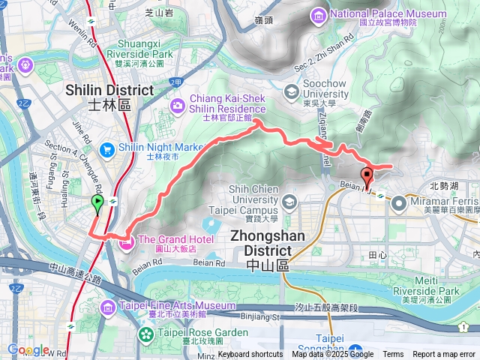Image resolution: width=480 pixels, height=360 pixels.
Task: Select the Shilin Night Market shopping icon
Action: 108,148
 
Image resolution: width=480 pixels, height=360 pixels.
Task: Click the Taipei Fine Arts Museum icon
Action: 108,307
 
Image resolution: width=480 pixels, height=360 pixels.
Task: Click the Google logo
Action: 28,349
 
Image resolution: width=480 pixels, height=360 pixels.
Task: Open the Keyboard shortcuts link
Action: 250,355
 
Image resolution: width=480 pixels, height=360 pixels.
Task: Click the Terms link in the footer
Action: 393,355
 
